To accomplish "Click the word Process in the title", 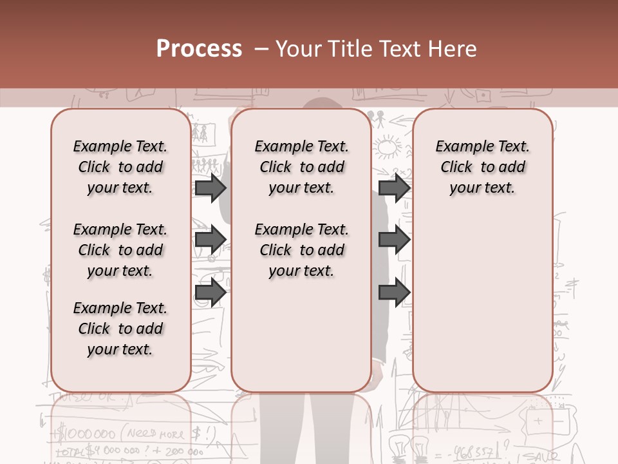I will tap(199, 48).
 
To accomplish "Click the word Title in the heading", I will tap(347, 48).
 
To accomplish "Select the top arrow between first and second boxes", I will tap(211, 188).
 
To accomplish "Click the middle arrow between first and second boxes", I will tap(211, 240).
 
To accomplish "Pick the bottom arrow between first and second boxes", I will tap(211, 292).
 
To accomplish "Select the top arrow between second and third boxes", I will tap(395, 188).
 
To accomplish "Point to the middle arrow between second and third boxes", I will tap(395, 240).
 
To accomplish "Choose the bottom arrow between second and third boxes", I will tap(395, 292).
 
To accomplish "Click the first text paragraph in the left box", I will tap(120, 167).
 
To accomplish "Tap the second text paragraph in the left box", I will tap(120, 250).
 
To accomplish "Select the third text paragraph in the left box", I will tap(120, 329).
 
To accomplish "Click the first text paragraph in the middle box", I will tap(302, 167).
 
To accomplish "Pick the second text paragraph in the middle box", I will tap(302, 250).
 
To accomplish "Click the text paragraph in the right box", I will tap(483, 167).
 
